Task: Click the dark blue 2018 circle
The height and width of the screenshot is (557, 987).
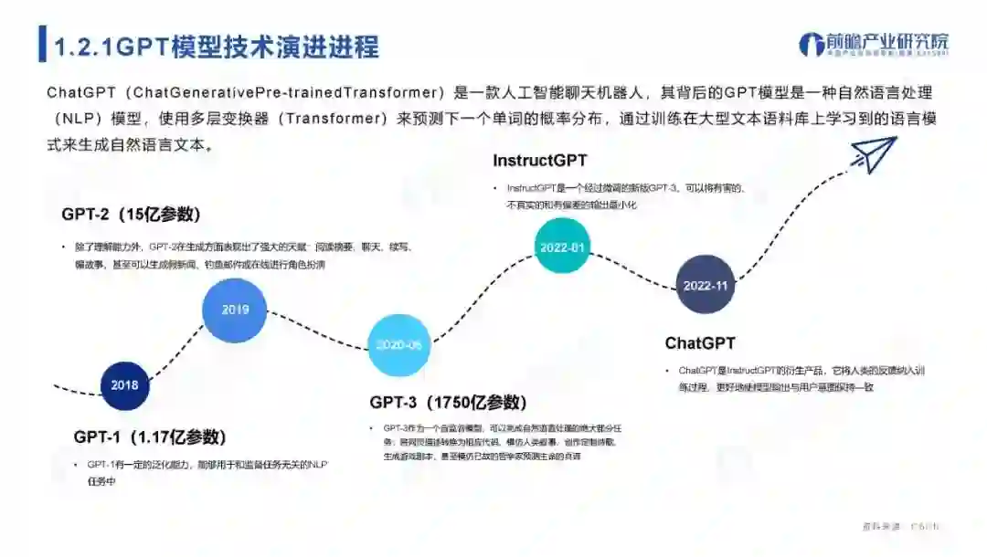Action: tap(124, 384)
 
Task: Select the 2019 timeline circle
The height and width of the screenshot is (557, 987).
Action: tap(235, 310)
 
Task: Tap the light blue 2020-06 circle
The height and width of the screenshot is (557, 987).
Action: tap(398, 345)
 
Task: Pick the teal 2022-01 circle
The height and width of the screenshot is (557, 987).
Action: tap(561, 247)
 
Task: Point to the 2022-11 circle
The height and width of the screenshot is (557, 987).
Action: tap(706, 285)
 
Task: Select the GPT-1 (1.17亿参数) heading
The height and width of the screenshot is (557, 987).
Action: tap(150, 436)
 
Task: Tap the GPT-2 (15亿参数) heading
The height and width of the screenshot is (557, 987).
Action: tap(131, 215)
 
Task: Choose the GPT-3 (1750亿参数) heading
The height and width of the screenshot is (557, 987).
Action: tap(448, 402)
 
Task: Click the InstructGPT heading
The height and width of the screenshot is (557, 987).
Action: tap(539, 161)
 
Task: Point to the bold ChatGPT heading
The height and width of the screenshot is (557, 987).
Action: tap(700, 343)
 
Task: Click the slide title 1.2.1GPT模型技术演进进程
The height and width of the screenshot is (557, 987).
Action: tap(217, 47)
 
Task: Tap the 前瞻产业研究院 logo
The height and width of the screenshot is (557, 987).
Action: tap(873, 44)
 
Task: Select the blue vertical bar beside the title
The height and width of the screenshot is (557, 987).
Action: tap(42, 46)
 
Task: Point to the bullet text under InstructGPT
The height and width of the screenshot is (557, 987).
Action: tap(627, 196)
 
